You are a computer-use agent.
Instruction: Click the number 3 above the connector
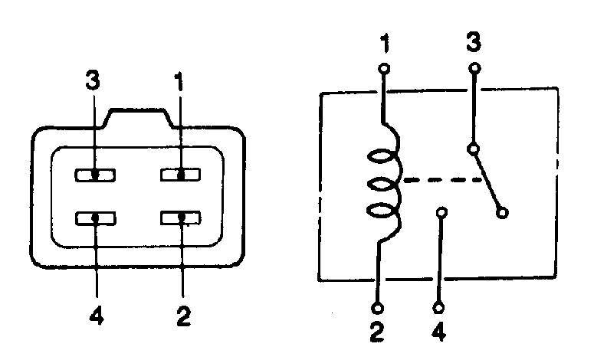pos(93,80)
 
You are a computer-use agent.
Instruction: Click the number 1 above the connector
pos(179,81)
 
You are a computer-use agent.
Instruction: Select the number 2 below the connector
pos(184,316)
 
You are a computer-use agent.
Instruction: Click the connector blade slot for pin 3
pos(95,175)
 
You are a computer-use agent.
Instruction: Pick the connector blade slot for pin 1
pos(181,175)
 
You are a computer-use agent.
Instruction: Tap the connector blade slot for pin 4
pos(96,218)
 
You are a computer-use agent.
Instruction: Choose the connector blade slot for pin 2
pos(181,218)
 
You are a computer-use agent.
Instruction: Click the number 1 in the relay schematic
pos(385,43)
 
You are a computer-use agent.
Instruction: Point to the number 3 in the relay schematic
pos(474,41)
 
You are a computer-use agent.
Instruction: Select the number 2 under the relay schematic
pos(377,332)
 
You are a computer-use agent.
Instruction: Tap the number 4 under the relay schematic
pos(438,332)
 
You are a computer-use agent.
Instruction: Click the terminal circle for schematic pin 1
pos(384,69)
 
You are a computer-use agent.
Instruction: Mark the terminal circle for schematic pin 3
pos(474,68)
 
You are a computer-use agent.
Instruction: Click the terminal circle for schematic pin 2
pos(377,308)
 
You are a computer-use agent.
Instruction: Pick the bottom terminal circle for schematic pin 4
pos(438,307)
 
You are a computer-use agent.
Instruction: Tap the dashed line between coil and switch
pos(442,180)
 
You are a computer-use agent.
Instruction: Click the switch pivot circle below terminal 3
pos(473,149)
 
